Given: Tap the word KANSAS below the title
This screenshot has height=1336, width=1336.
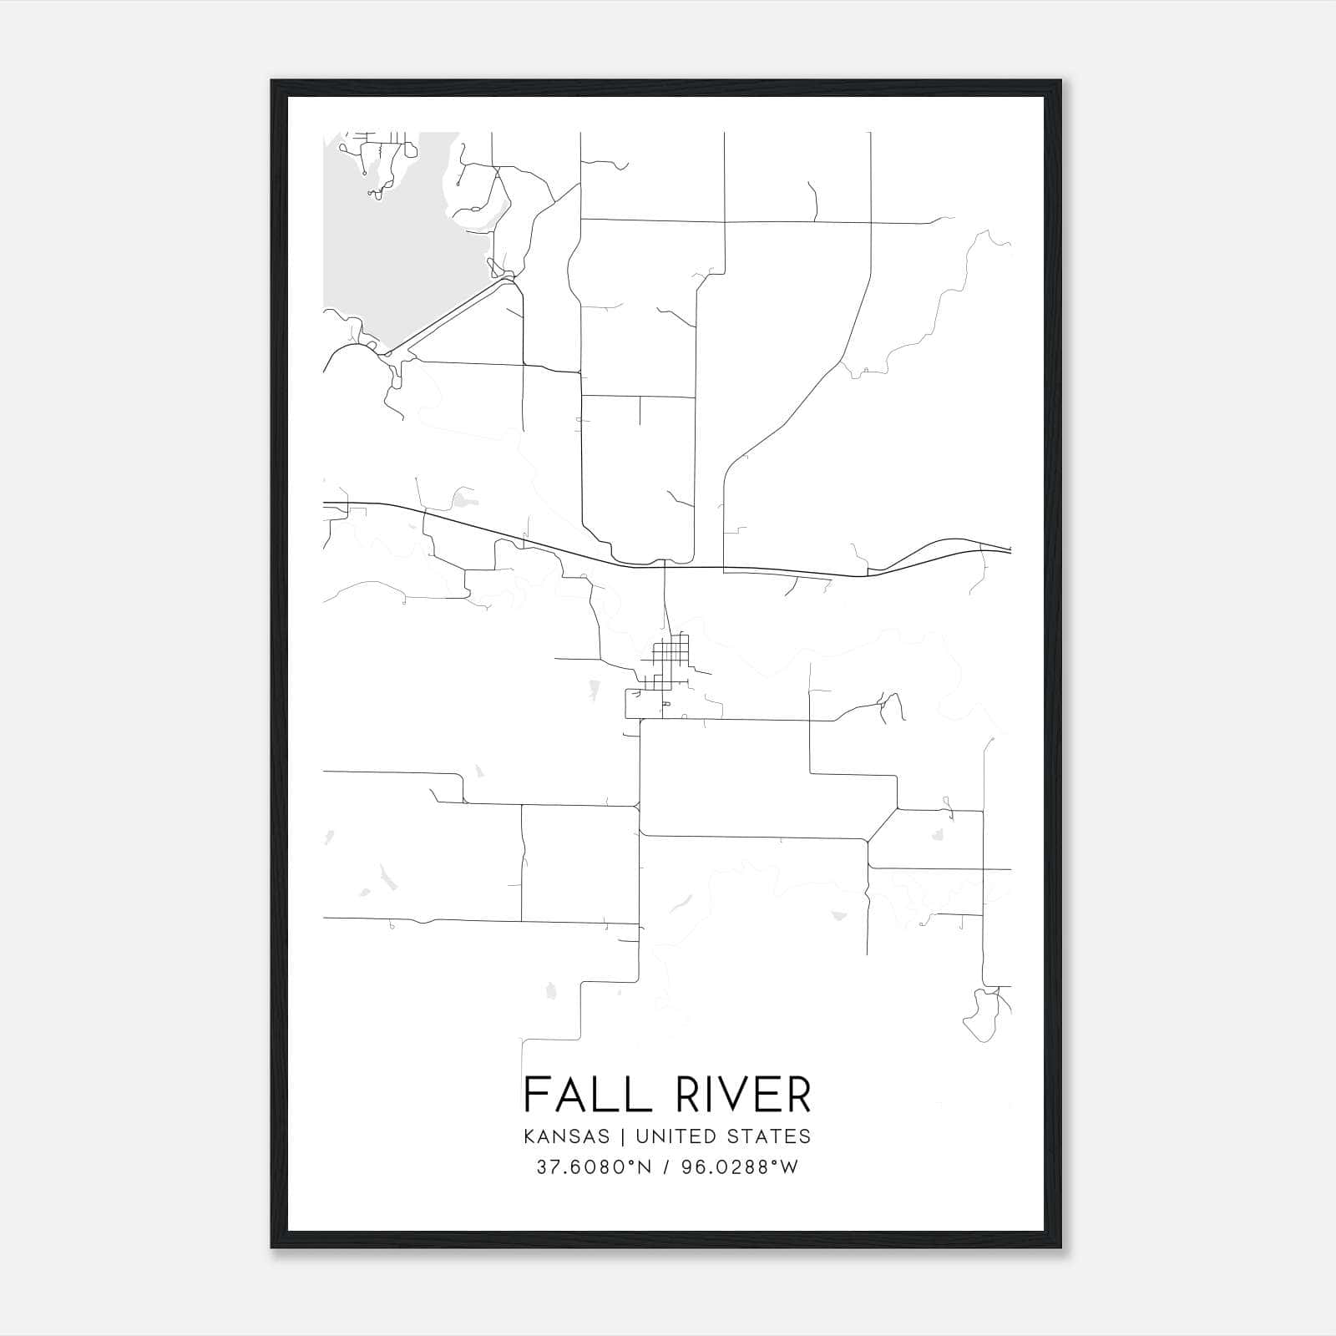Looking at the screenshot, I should pyautogui.click(x=567, y=1136).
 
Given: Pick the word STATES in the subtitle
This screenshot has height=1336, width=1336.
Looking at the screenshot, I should pyautogui.click(x=768, y=1136).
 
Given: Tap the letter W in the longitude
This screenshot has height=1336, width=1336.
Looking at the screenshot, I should pyautogui.click(x=789, y=1166).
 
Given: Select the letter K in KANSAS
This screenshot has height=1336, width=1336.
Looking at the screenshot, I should pyautogui.click(x=530, y=1136).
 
